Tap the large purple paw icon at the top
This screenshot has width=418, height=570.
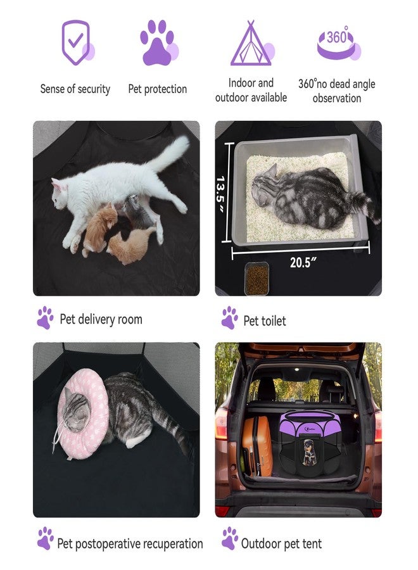point(158,42)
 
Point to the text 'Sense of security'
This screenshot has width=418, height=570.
point(75,89)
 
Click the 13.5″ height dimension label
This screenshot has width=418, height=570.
point(220,193)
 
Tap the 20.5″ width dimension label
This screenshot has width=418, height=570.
point(303,262)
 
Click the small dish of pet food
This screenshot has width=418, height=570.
point(256,279)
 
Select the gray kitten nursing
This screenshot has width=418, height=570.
point(136,212)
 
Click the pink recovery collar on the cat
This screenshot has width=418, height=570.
point(83,413)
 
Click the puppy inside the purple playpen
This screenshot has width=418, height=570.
point(309,453)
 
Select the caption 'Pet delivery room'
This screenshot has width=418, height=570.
point(101,320)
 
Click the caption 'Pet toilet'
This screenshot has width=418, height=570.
point(265,321)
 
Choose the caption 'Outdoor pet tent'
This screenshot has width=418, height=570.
point(281,544)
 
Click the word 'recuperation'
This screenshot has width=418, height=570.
point(168,544)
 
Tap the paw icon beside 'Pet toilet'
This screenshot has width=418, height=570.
point(230,318)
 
